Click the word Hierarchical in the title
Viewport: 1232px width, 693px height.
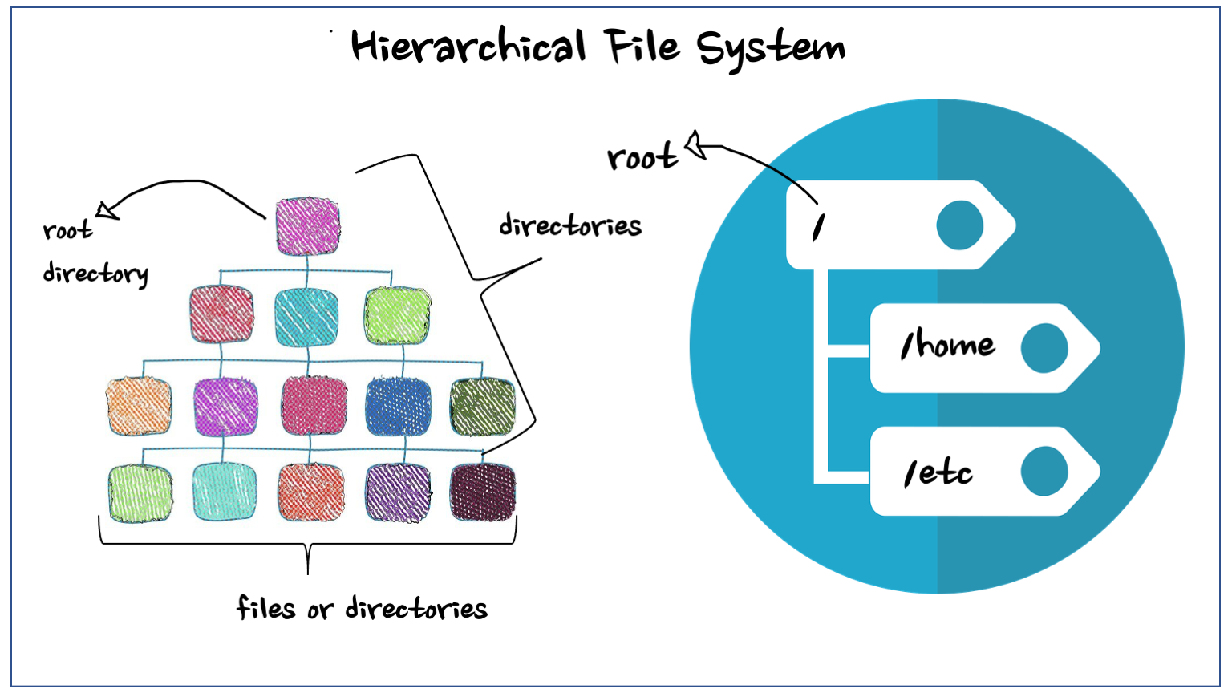(468, 47)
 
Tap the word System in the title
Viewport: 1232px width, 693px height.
(770, 48)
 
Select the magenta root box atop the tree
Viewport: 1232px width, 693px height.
(307, 226)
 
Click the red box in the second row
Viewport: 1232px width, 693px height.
(221, 314)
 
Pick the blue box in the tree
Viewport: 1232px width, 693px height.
(398, 407)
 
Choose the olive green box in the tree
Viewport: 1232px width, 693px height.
(482, 407)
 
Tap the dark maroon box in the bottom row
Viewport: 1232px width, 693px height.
(482, 492)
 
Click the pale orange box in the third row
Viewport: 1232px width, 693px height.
(139, 407)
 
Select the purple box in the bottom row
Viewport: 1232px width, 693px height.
(398, 492)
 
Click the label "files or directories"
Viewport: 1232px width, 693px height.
(362, 609)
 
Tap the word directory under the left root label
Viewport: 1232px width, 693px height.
(95, 274)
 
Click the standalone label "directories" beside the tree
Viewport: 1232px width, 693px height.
(570, 225)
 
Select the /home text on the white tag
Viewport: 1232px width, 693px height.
(947, 346)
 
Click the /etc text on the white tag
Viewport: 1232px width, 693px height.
(938, 472)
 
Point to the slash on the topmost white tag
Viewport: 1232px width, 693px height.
(817, 228)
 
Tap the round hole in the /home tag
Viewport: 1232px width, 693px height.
(1044, 348)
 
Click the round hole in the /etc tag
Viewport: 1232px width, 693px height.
(1044, 472)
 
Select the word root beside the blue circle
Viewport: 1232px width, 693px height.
(642, 157)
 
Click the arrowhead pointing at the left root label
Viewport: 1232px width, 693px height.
(106, 212)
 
